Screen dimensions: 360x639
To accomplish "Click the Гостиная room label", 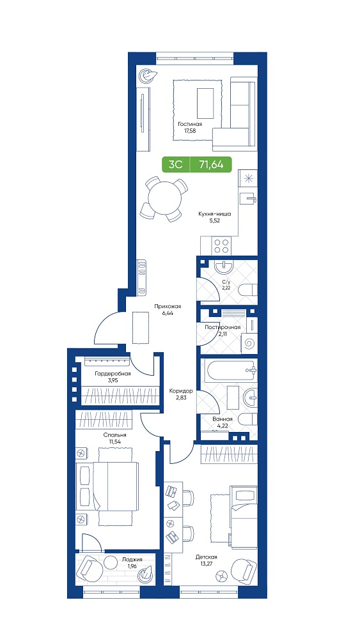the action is (x=191, y=125).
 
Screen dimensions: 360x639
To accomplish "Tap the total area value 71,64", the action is (x=211, y=165).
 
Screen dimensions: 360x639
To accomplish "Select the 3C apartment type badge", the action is (x=175, y=165).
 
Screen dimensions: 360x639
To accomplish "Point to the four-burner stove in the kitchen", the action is (x=221, y=247).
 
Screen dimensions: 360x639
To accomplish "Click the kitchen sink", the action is (x=248, y=199).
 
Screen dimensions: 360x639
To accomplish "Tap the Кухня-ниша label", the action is (x=215, y=213).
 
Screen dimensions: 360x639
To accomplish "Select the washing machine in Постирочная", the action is (x=249, y=344).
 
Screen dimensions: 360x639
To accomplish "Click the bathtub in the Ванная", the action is (x=230, y=370).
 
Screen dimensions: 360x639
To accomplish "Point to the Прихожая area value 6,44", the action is (x=167, y=313).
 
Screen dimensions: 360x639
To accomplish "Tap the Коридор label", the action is (x=181, y=391).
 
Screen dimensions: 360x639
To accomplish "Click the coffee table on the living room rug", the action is (x=205, y=103).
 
